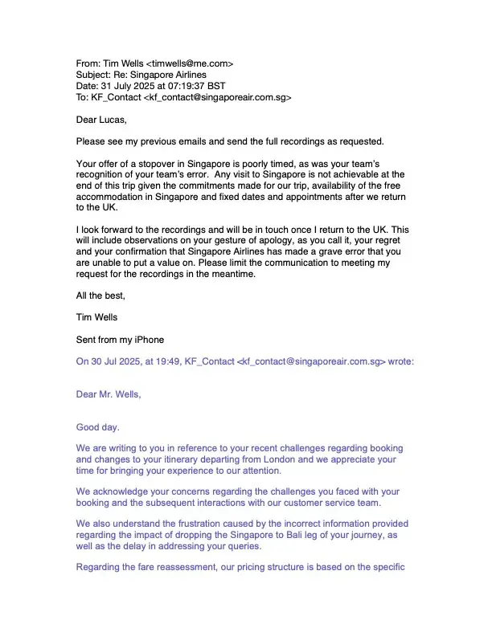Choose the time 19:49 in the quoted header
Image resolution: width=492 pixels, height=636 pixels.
click(x=168, y=361)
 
